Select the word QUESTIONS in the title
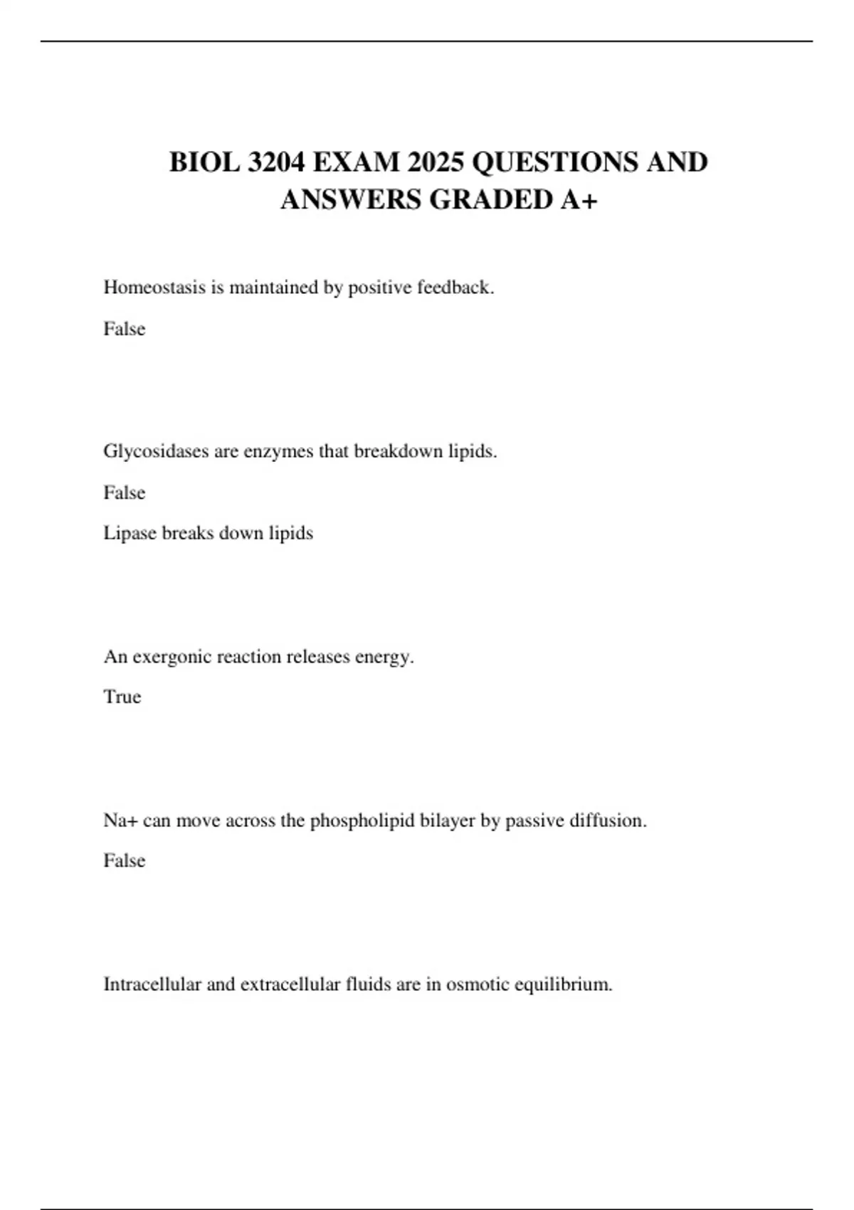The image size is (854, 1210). (554, 162)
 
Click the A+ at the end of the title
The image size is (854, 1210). (579, 199)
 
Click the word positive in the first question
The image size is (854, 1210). (379, 288)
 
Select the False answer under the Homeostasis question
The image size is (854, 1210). (125, 329)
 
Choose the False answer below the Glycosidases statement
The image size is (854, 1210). (125, 493)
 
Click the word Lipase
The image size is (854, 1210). (130, 533)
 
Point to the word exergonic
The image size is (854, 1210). (172, 657)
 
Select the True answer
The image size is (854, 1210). (122, 697)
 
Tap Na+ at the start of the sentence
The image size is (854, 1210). (120, 821)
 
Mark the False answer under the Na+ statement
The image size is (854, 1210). (125, 861)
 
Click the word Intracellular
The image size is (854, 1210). (152, 984)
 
